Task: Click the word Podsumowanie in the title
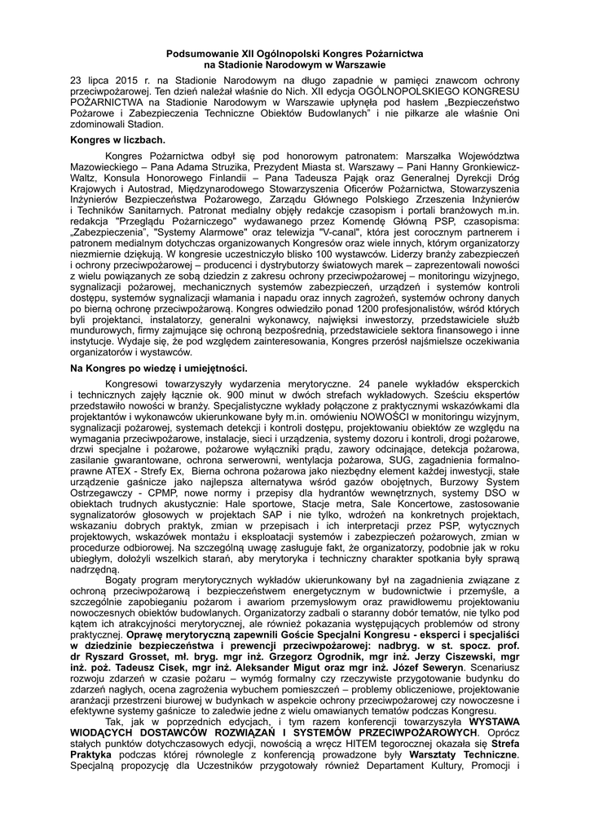click(x=197, y=53)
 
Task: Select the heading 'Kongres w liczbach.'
click(x=118, y=140)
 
